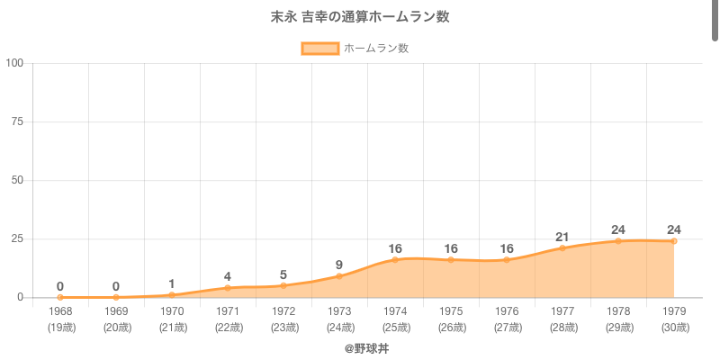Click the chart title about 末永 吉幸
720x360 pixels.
click(x=360, y=17)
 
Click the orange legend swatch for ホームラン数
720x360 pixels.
click(x=319, y=49)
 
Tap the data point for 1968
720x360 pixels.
click(x=60, y=297)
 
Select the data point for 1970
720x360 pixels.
click(x=172, y=295)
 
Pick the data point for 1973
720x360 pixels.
click(x=339, y=276)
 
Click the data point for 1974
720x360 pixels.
click(x=395, y=259)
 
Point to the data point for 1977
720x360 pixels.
click(x=562, y=247)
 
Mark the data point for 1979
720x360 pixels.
click(x=674, y=241)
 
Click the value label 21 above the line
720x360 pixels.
click(x=562, y=237)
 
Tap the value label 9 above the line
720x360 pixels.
click(x=339, y=265)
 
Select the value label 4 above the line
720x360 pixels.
click(x=228, y=276)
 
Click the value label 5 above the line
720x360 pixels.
click(x=283, y=274)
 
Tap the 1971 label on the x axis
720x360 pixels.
click(x=228, y=311)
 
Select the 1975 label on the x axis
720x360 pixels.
click(x=451, y=311)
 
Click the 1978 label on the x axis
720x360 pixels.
click(x=618, y=311)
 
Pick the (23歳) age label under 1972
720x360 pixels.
click(x=283, y=327)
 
